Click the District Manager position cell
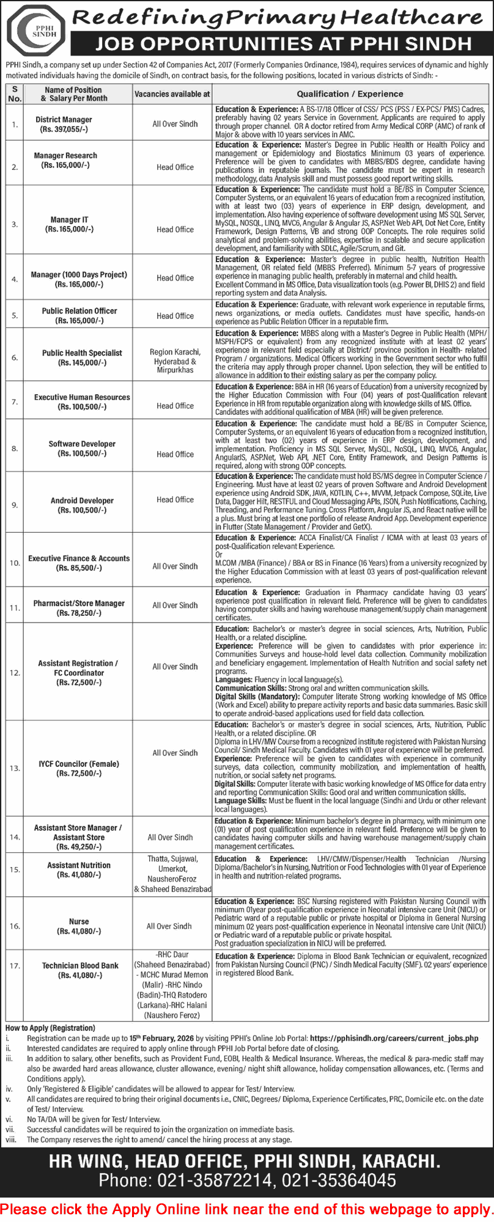tap(64, 120)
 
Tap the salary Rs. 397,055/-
tap(64, 129)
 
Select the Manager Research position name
tap(65, 156)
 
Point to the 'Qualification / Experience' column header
tap(350, 94)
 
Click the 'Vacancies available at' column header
tap(172, 94)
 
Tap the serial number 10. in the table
tap(15, 563)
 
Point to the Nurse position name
tap(79, 921)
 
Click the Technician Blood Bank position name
tap(80, 965)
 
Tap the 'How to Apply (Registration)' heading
tap(50, 1028)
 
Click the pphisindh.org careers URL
tap(394, 1037)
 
